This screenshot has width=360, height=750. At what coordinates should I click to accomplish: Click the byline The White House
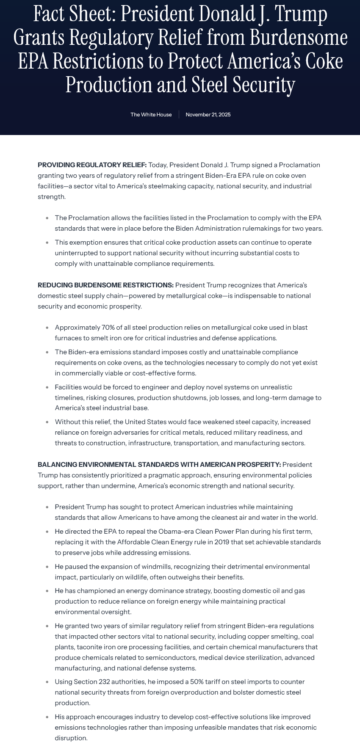coord(151,115)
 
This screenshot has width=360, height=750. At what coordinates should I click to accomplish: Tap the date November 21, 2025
coord(208,115)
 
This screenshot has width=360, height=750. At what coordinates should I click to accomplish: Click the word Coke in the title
coord(322,61)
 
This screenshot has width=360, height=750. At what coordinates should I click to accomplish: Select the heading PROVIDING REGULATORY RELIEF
coord(92,165)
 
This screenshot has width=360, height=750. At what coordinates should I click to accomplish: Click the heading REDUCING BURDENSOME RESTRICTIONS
coord(105,285)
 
